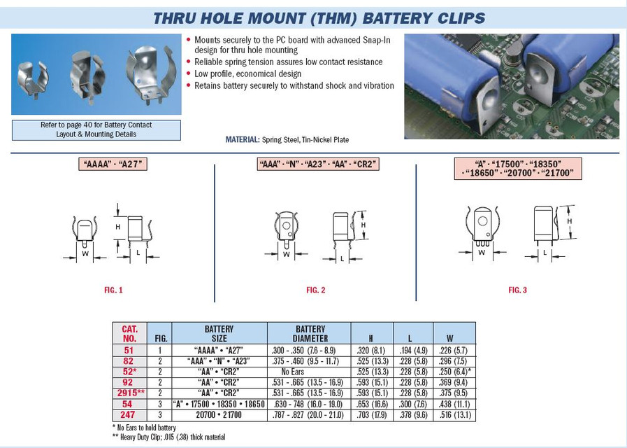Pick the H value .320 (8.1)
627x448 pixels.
pos(371,350)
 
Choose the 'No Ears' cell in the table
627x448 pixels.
pos(310,372)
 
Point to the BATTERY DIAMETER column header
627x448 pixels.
pos(310,333)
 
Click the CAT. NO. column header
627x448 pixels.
pos(130,333)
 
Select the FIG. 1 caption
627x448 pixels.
pos(113,290)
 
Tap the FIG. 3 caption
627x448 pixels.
pos(517,290)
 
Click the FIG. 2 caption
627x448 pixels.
pos(316,290)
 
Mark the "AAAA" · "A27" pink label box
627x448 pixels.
pos(113,164)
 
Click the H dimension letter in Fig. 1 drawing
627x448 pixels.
pos(118,227)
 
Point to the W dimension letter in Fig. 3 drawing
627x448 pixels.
pos(482,252)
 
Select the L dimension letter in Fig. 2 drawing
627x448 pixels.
pos(341,260)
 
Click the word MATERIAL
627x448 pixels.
pos(242,139)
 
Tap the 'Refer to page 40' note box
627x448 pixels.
pos(96,129)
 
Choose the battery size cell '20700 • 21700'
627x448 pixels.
pos(219,415)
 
